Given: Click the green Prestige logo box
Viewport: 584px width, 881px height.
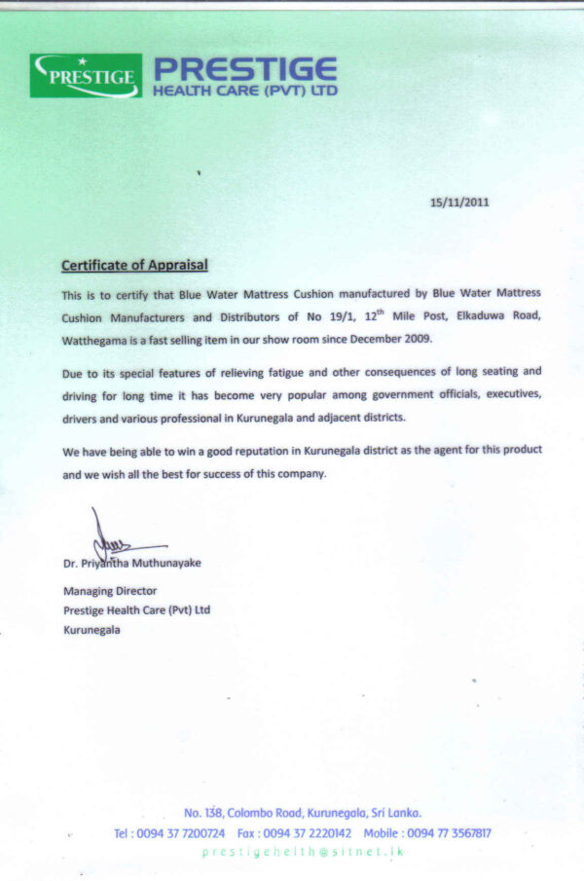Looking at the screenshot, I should [x=86, y=76].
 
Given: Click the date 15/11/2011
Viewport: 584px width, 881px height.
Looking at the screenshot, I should [x=459, y=202].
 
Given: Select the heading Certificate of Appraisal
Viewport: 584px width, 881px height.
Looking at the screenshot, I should [x=134, y=265].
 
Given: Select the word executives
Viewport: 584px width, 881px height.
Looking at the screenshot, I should [x=509, y=394].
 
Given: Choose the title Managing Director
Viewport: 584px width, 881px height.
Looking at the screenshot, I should [x=110, y=590].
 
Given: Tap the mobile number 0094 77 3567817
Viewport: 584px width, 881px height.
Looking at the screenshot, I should [x=449, y=833].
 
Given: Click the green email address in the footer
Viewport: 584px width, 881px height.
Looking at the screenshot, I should [x=303, y=852].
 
